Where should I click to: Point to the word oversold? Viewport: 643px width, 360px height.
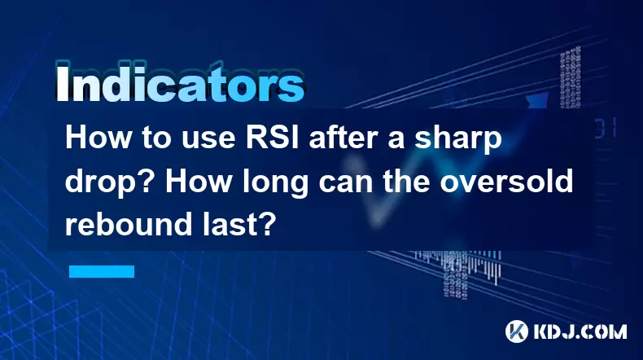pyautogui.click(x=506, y=182)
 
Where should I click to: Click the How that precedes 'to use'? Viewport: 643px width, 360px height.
pyautogui.click(x=98, y=138)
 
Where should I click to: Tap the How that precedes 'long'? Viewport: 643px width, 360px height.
pyautogui.click(x=199, y=182)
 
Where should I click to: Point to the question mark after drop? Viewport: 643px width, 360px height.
pyautogui.click(x=149, y=182)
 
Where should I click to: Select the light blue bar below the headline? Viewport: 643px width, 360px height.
pyautogui.click(x=102, y=271)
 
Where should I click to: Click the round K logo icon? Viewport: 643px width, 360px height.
pyautogui.click(x=517, y=331)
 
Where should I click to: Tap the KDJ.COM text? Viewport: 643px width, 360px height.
pyautogui.click(x=580, y=331)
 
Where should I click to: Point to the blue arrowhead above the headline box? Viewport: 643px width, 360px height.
pyautogui.click(x=538, y=100)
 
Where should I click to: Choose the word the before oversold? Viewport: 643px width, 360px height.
pyautogui.click(x=407, y=182)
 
